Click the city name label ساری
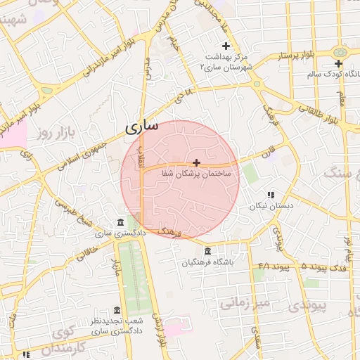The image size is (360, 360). [141, 127]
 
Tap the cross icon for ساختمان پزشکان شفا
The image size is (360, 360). [196, 162]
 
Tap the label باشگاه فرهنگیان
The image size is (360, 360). [207, 263]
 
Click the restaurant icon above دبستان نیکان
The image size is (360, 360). [270, 195]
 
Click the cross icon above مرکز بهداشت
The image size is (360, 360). [226, 45]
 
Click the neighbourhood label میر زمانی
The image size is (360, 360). [244, 303]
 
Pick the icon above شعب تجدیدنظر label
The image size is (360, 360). [117, 311]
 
